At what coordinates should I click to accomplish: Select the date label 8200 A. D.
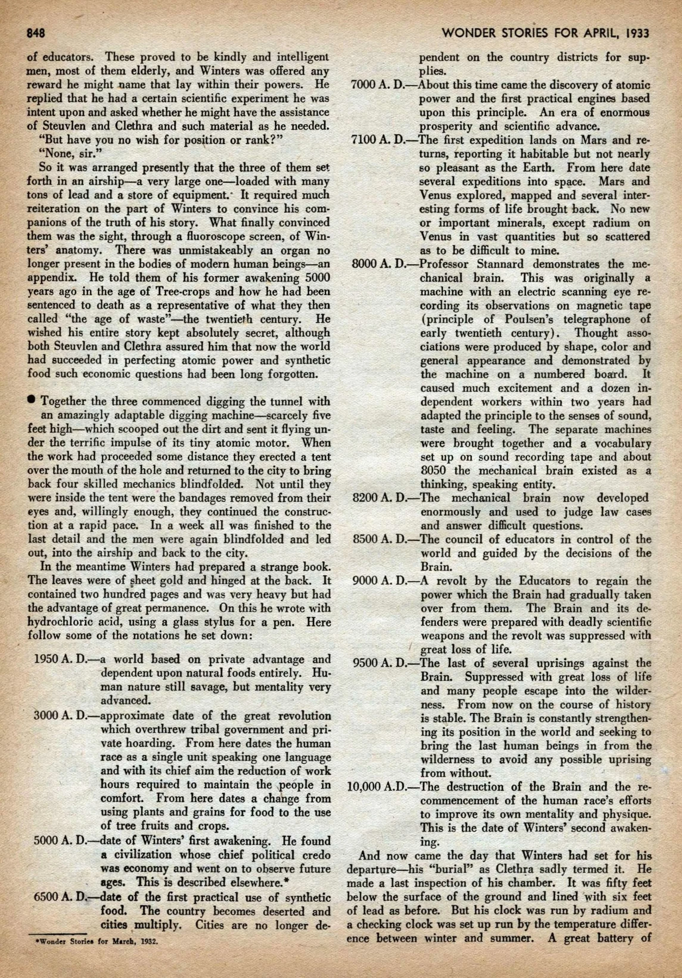384,497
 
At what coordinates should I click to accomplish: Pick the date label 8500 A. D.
384,539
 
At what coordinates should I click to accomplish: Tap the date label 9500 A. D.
384,663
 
